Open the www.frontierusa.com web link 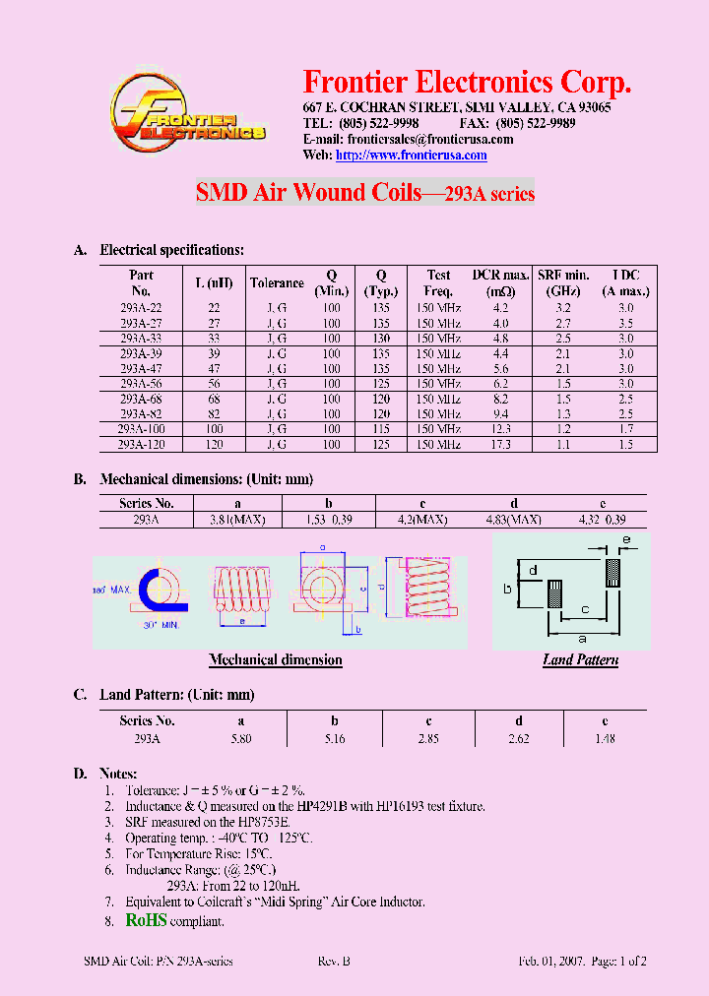[411, 156]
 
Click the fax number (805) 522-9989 [536, 124]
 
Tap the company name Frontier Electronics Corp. [467, 82]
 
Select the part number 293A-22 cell [141, 308]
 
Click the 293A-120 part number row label [141, 445]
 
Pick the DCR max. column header [501, 283]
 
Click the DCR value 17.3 [501, 445]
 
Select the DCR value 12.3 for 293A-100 [501, 430]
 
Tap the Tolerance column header [277, 283]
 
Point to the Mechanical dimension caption [276, 660]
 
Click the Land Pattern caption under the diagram [580, 660]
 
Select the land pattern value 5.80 [240, 738]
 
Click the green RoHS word [146, 920]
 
